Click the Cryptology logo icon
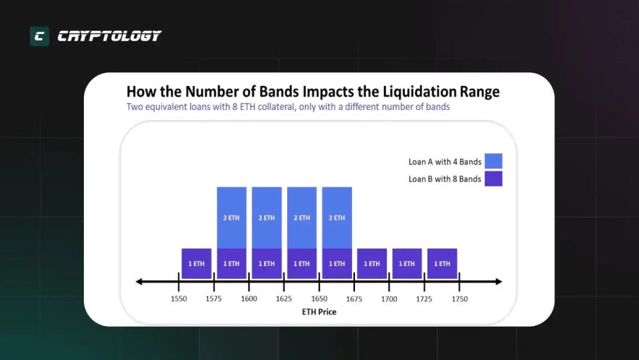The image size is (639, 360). [x=39, y=36]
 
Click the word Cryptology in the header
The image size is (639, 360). [x=109, y=36]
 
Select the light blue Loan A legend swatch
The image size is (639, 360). [x=494, y=161]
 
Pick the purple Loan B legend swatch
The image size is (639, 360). [x=494, y=179]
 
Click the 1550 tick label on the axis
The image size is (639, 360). [x=179, y=298]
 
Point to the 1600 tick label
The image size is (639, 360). [x=249, y=298]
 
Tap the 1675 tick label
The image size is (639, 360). [x=354, y=298]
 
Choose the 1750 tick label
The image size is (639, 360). [x=460, y=298]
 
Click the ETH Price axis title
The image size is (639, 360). [x=319, y=312]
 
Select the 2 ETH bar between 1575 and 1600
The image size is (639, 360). [x=231, y=217]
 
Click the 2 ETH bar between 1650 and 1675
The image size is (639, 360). [x=337, y=217]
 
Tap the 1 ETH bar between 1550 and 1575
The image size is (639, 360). [x=196, y=264]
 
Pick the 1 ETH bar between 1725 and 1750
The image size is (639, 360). [x=442, y=264]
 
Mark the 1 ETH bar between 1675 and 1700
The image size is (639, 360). [x=372, y=264]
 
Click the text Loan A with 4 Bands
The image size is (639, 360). [x=445, y=161]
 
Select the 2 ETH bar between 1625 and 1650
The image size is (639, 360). [x=301, y=217]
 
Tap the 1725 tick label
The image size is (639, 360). [x=424, y=298]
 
